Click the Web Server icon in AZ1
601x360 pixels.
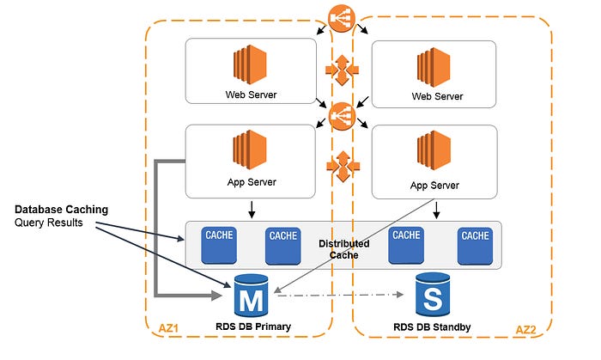tap(248, 64)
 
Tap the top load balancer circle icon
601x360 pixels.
tap(342, 17)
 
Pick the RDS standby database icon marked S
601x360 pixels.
tap(434, 296)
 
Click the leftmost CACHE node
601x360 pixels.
tap(217, 244)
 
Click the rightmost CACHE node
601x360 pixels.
tap(474, 244)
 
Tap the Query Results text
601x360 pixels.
tap(48, 223)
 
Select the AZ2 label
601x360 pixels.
tap(527, 329)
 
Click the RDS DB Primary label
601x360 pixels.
tap(253, 327)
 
